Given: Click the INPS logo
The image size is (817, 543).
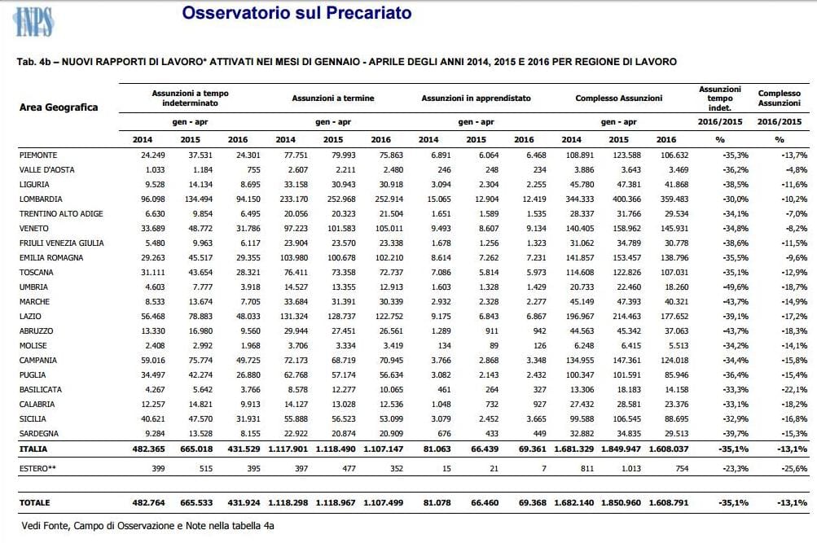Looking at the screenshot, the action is point(33,21).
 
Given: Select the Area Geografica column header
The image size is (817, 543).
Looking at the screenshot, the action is point(59,107).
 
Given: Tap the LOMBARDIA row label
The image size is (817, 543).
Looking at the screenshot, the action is point(41,199).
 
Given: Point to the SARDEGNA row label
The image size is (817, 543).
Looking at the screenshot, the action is point(39,434).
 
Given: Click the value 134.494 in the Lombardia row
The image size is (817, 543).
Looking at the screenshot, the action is point(199,199).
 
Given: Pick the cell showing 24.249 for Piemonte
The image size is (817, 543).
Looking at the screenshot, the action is point(152,155).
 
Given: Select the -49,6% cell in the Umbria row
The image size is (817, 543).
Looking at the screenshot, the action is point(736,287).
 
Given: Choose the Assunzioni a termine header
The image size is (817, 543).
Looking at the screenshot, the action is point(333,98).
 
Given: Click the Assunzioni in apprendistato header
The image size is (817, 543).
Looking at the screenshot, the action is point(477,98).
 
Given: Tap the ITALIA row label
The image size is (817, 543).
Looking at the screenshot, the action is point(33,449).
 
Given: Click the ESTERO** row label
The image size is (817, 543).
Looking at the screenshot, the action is point(37,469).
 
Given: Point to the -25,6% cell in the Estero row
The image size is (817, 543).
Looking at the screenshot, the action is point(794,469).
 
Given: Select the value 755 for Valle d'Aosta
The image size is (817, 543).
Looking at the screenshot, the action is point(253,169).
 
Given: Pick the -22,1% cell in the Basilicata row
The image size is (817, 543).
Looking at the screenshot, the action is point(794,389).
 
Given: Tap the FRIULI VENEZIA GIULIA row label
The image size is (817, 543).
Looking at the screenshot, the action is point(61,243).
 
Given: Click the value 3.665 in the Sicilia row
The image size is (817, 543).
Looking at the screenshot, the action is point(537,419).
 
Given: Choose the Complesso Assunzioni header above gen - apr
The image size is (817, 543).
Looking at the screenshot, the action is point(619,98).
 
